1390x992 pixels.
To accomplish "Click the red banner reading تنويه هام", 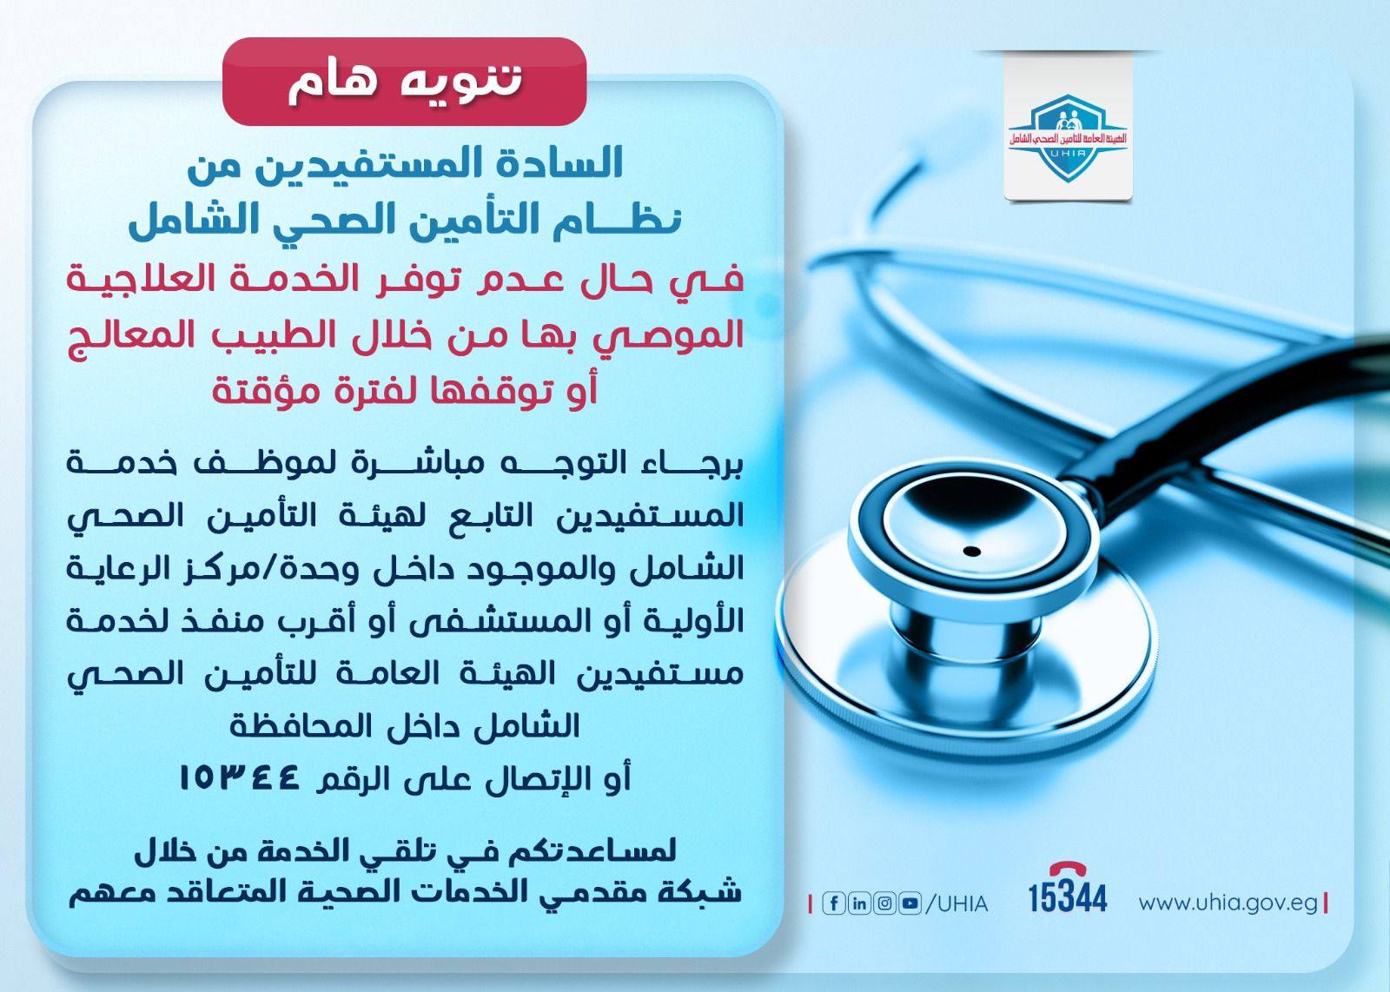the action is point(404,82).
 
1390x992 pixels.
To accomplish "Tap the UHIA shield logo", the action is point(1067,138).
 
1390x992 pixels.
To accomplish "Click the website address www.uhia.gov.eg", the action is point(1228,903).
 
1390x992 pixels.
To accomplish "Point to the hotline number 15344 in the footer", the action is point(1068,897).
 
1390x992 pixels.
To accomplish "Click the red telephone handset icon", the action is point(1068,869).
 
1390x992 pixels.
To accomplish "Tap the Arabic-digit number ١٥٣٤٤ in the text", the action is point(239,777).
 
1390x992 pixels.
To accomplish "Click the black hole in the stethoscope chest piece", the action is point(972,552).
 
